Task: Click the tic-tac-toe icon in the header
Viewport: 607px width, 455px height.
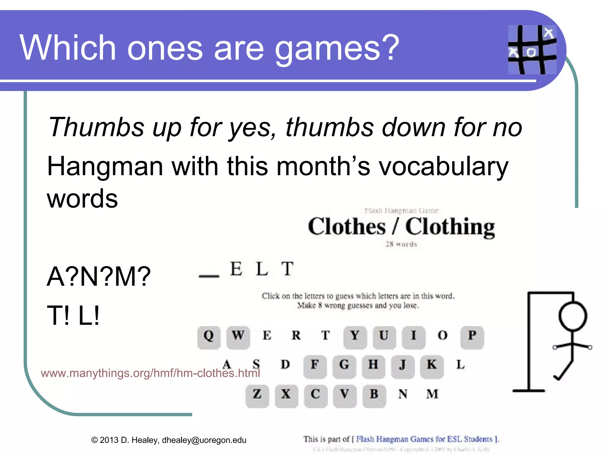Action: click(x=532, y=49)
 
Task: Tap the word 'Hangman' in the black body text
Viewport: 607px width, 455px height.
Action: click(x=105, y=167)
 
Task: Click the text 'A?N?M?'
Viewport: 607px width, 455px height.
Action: click(x=99, y=276)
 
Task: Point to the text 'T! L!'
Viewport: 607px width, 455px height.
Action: click(x=73, y=315)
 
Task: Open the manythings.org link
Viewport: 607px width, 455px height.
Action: click(x=150, y=373)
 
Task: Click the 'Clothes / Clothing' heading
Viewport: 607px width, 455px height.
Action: click(x=401, y=227)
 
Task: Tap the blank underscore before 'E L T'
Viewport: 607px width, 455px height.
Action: click(x=209, y=276)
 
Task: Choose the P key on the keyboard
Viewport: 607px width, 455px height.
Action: click(x=472, y=337)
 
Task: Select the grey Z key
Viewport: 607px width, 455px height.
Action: click(x=257, y=396)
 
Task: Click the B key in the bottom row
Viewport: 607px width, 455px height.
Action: click(x=374, y=396)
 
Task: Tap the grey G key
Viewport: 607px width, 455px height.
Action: click(x=344, y=367)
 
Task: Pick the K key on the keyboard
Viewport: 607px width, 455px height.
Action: click(x=432, y=367)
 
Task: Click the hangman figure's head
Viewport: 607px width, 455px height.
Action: click(x=573, y=316)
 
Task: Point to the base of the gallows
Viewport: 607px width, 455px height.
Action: click(x=529, y=391)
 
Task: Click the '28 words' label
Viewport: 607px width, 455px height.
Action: click(x=401, y=244)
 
